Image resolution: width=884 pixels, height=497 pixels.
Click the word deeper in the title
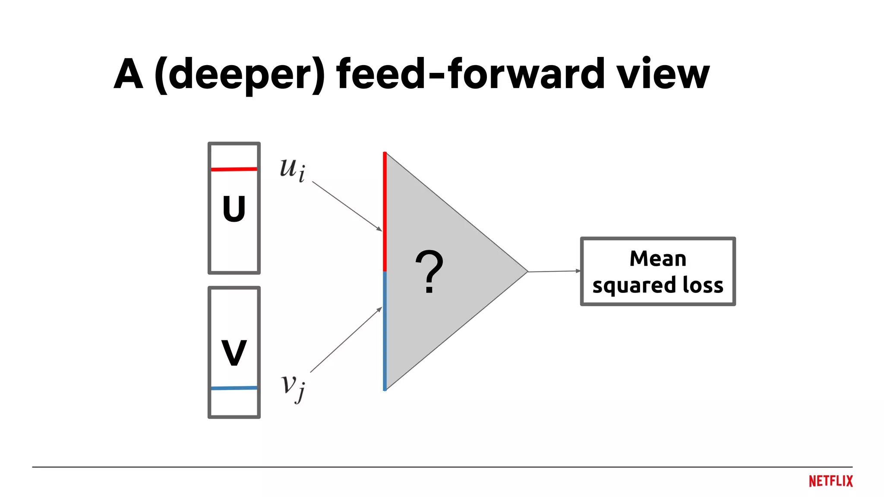(x=240, y=74)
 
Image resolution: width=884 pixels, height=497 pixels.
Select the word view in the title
(x=663, y=74)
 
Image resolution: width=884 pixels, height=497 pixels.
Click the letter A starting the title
(x=128, y=74)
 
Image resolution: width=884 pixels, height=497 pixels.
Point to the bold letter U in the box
(x=234, y=209)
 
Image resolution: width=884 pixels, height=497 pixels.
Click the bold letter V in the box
(x=234, y=353)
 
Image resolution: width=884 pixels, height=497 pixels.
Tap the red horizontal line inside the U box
(x=234, y=169)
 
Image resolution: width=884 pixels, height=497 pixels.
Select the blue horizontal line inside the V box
(x=234, y=388)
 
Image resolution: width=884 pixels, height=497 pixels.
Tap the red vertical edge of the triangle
(x=385, y=211)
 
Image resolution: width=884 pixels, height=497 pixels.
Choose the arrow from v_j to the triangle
(x=346, y=340)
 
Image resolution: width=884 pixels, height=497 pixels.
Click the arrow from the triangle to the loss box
(x=554, y=271)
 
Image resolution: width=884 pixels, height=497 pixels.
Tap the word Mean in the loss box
(x=657, y=259)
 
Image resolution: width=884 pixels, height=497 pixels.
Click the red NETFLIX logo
(x=830, y=481)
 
